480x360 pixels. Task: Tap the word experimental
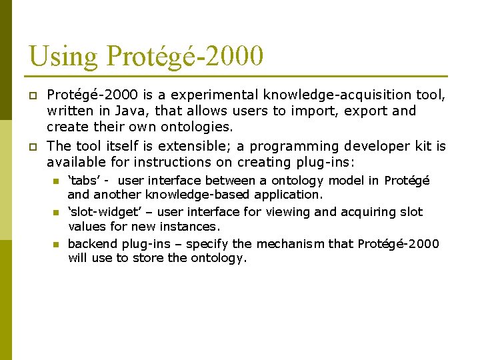[216, 95]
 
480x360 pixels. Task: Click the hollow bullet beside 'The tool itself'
[31, 147]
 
